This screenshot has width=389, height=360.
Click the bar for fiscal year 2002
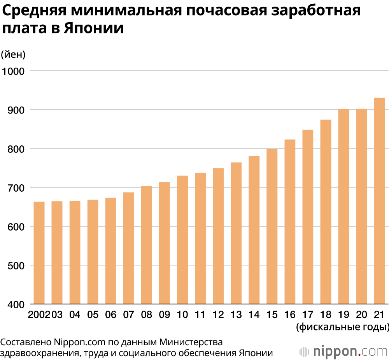coord(39,253)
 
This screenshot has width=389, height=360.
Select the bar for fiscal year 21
coord(379,201)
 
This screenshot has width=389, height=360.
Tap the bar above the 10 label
coord(182,239)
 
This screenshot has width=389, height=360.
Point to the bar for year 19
coord(343,206)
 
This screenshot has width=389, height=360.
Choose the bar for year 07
coord(129,248)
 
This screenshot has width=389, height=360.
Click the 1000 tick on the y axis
coord(13,71)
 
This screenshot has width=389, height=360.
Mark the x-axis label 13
coord(236,315)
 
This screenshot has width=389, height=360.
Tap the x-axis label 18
coord(326,315)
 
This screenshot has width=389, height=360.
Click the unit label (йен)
coord(13,54)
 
